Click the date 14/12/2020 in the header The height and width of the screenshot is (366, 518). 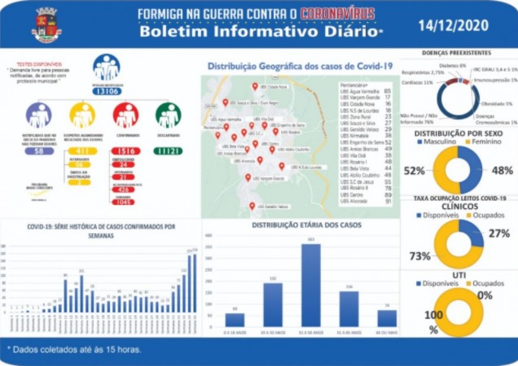453,25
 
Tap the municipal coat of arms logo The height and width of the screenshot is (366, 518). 47,25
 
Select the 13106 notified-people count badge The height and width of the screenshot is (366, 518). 106,91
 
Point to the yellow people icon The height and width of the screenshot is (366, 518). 82,115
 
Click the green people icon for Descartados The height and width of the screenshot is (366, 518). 168,115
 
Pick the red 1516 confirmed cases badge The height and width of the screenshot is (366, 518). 126,151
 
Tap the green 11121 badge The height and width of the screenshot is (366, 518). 168,151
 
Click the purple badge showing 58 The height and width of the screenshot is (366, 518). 40,151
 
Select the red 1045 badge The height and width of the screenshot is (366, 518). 126,202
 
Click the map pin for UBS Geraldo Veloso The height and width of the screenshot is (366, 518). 252,206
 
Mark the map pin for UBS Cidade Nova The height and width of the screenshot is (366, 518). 255,86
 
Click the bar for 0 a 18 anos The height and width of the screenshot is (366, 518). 235,319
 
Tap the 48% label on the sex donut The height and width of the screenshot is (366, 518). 502,170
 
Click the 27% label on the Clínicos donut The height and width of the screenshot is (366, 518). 499,233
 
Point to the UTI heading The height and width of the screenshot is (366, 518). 459,275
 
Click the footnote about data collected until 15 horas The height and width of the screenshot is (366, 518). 75,349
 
